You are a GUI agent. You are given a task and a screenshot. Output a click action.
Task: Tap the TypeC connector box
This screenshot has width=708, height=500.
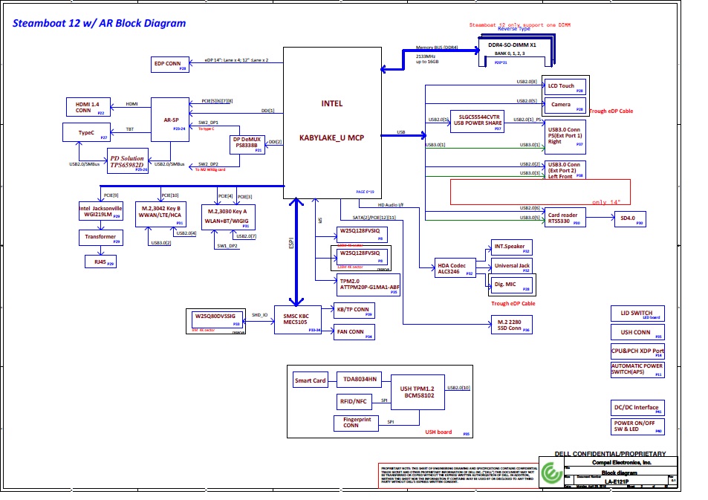point(87,134)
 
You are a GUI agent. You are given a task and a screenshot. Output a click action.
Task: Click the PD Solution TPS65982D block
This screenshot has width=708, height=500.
point(127,160)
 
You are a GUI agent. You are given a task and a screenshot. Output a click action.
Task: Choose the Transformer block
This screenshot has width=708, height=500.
point(100,238)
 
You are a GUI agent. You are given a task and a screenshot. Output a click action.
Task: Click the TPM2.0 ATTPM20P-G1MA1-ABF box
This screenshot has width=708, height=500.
point(360,285)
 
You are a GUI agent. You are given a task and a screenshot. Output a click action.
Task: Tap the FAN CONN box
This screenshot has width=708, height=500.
point(354,331)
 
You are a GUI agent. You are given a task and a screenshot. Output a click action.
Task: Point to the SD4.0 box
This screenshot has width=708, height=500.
point(629,218)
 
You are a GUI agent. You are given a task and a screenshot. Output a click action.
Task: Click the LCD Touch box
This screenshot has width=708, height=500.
point(564,87)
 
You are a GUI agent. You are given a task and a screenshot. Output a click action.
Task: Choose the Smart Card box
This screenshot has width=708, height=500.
point(311,380)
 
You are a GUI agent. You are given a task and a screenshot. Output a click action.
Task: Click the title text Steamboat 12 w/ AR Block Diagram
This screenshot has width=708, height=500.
point(100,23)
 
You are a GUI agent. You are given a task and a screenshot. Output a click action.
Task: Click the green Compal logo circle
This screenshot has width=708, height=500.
point(551,473)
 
